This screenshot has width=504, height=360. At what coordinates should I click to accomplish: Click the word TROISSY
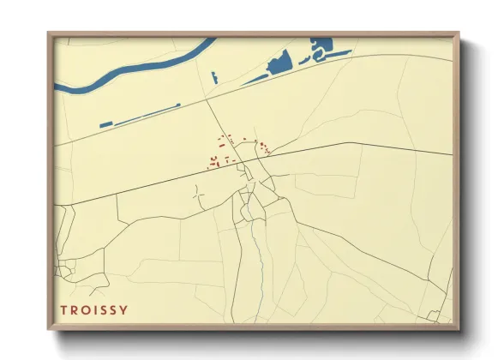(x=94, y=310)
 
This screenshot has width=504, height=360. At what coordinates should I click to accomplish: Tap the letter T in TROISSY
(x=63, y=310)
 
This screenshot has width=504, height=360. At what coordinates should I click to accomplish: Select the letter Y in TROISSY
(x=125, y=310)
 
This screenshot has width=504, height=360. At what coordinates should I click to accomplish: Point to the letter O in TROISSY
(x=84, y=310)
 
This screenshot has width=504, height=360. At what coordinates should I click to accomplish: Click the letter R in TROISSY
(x=74, y=310)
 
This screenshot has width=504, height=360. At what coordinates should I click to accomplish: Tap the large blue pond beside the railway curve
(x=279, y=63)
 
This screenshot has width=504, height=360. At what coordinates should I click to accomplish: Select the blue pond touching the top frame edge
(x=324, y=44)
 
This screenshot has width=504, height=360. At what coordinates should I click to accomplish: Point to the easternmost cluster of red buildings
(x=264, y=147)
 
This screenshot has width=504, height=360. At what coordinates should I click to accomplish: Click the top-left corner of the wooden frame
(x=49, y=34)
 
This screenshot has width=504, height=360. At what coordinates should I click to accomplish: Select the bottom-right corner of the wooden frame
(x=459, y=328)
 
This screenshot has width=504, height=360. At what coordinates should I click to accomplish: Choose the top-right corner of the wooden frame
(x=459, y=34)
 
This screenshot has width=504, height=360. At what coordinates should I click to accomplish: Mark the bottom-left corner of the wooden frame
(x=49, y=328)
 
